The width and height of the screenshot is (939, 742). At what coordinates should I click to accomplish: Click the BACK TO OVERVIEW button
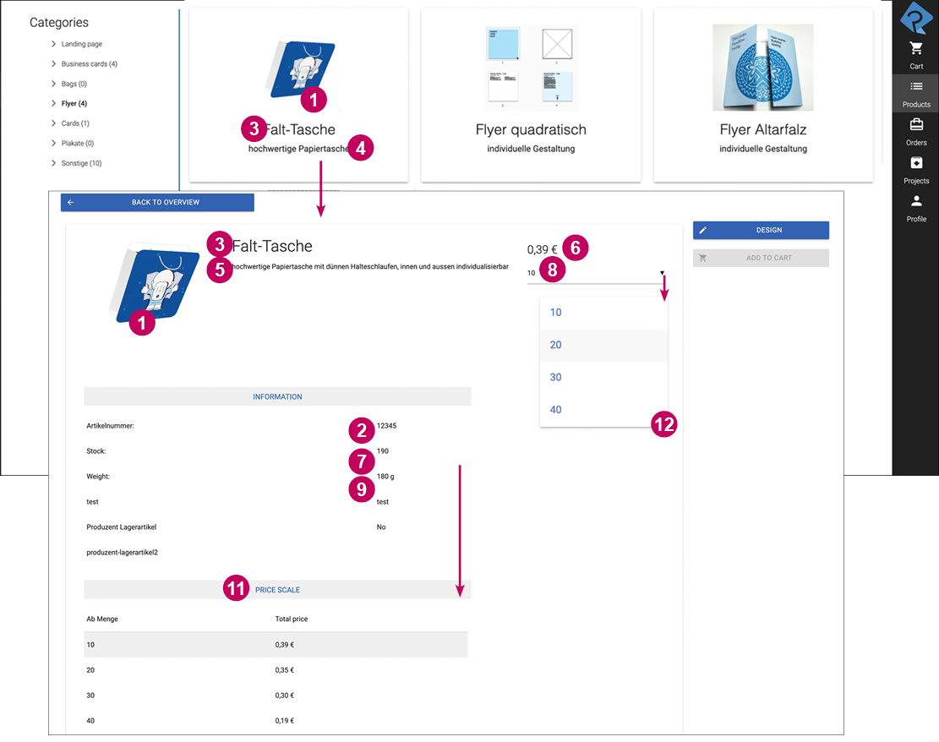[157, 203]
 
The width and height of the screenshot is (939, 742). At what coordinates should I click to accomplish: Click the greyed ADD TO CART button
[761, 258]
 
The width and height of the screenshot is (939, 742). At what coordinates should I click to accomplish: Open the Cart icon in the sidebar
[916, 54]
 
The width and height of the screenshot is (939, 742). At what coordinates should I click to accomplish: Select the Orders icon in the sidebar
[916, 131]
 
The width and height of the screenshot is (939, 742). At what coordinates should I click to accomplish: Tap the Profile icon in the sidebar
[916, 207]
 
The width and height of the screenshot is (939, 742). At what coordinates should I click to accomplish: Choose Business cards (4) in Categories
[89, 64]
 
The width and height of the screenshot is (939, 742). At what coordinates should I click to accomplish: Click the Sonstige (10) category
[81, 163]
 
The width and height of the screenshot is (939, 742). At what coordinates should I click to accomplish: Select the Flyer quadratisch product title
[531, 129]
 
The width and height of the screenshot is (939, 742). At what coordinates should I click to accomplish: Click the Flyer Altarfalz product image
[762, 67]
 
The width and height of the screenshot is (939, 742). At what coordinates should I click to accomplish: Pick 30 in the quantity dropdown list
[556, 377]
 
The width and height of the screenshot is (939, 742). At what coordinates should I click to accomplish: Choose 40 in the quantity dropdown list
[556, 410]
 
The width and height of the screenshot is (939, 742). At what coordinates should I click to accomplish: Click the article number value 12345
[386, 426]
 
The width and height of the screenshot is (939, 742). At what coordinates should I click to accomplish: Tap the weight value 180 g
[385, 477]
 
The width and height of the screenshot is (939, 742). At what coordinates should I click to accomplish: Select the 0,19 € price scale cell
[284, 721]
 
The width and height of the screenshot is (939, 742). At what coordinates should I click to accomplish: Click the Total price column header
[292, 619]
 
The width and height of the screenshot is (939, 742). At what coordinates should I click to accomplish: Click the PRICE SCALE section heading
[277, 590]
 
